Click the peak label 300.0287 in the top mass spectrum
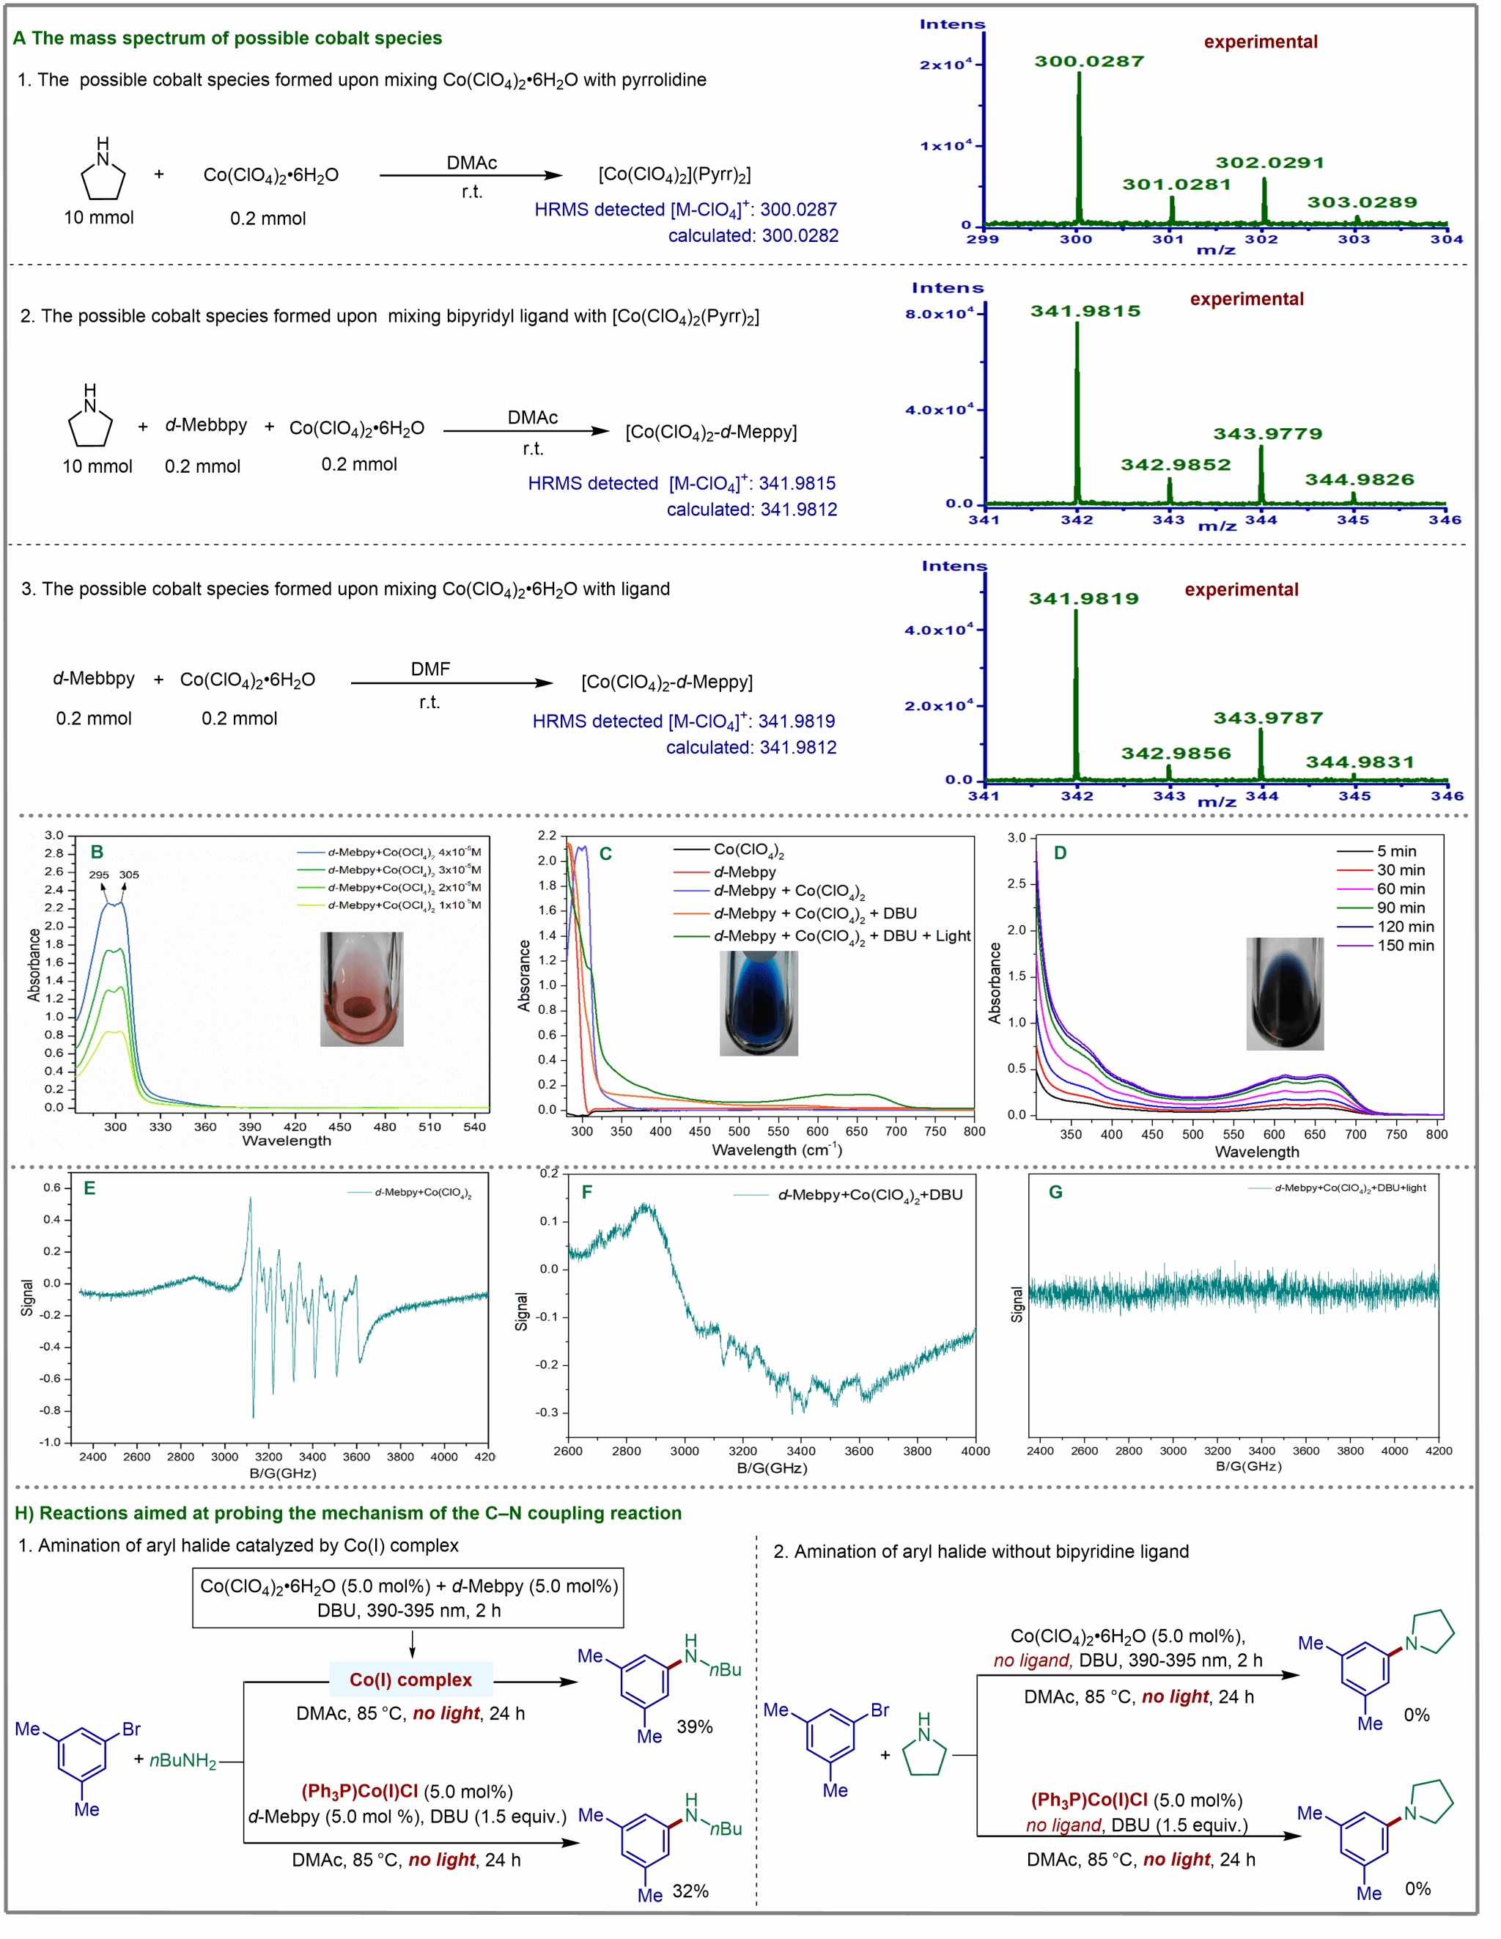point(1088,62)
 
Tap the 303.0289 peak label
point(1361,202)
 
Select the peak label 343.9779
point(1266,434)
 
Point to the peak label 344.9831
point(1359,762)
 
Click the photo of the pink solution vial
point(361,988)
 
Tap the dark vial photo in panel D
point(1283,993)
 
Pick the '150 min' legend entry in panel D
point(1404,946)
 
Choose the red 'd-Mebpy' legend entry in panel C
point(744,872)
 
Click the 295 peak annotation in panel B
point(98,875)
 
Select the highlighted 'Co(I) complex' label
point(410,1679)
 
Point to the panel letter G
point(1055,1191)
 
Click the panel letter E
point(89,1188)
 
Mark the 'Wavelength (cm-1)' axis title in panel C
point(777,1149)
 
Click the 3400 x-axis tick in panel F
point(800,1451)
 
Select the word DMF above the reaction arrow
point(429,669)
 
